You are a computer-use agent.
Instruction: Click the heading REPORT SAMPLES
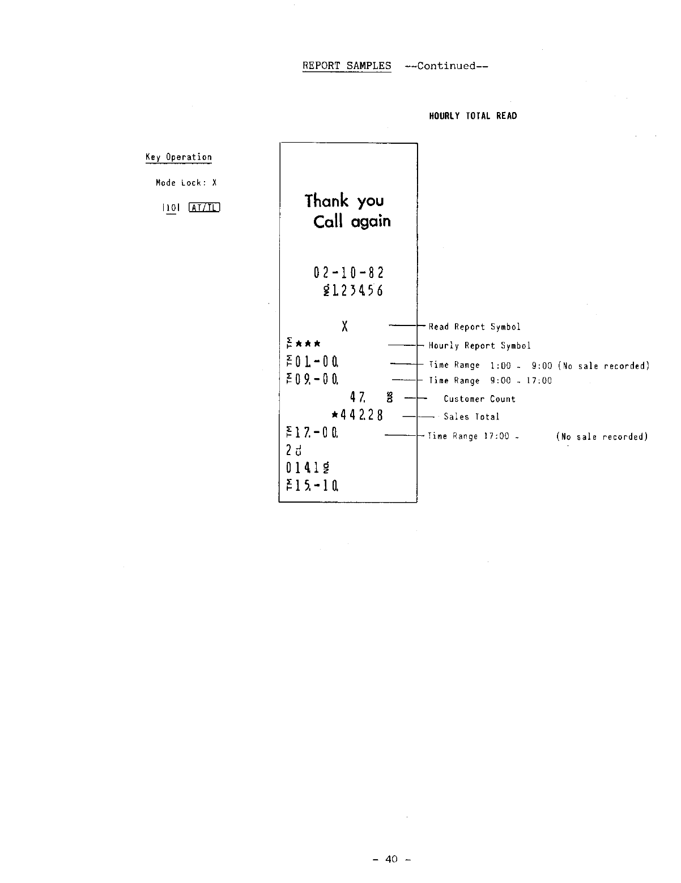coord(347,66)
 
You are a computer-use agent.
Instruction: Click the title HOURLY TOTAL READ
coord(473,116)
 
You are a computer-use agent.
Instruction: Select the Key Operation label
coord(178,157)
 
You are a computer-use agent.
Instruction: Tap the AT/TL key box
coord(205,208)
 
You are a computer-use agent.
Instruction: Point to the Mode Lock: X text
coord(186,183)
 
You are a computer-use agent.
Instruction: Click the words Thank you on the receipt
coord(344,200)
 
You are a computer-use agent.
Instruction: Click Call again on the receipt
coord(352,221)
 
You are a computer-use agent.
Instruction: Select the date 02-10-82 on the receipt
coord(348,273)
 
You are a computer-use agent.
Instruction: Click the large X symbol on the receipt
coord(344,327)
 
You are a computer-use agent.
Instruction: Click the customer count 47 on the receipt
coord(357,398)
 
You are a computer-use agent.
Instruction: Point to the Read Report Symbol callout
coord(474,327)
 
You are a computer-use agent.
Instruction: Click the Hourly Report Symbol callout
coord(479,345)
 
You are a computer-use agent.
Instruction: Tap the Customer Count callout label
coord(479,399)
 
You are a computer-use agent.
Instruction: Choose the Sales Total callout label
coord(471,417)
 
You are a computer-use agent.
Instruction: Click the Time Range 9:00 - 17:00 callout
coord(490,381)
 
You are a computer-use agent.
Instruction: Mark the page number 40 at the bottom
coord(391,859)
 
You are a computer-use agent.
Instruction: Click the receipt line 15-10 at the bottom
coord(313,485)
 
